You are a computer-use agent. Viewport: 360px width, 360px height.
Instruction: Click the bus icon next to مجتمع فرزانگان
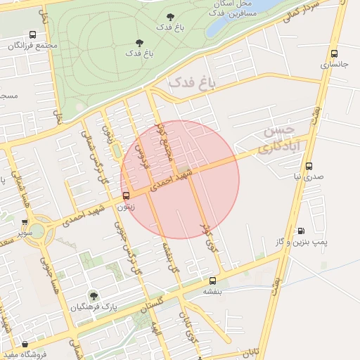(x=33, y=34)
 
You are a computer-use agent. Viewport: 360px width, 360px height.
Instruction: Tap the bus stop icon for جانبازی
(x=333, y=53)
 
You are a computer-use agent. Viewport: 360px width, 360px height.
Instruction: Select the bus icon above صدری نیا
(x=309, y=167)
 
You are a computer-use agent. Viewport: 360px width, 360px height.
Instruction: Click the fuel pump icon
(x=301, y=231)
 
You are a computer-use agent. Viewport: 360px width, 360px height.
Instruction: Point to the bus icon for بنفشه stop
(x=212, y=281)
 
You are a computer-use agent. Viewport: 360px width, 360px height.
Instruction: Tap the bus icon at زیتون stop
(x=126, y=196)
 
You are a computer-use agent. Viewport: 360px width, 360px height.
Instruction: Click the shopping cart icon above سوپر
(x=25, y=221)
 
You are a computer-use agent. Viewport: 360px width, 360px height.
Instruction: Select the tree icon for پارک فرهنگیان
(x=93, y=296)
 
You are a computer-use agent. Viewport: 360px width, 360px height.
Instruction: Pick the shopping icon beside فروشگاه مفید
(x=25, y=345)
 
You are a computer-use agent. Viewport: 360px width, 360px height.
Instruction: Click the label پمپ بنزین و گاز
(x=302, y=241)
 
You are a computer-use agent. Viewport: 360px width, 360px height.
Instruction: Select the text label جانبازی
(x=334, y=64)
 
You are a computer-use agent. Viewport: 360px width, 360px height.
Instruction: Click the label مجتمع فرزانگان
(x=32, y=45)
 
